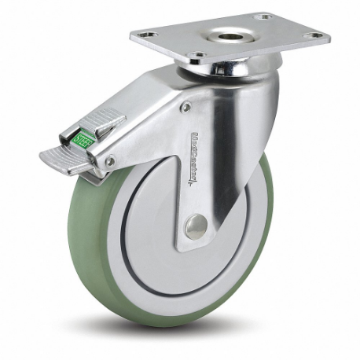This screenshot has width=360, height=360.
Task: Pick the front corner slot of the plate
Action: (x=199, y=55)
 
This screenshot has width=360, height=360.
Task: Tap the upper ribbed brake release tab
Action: (x=100, y=125)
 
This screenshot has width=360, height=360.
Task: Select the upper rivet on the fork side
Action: (x=186, y=107)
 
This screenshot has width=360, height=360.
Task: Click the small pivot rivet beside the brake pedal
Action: (x=110, y=160)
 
